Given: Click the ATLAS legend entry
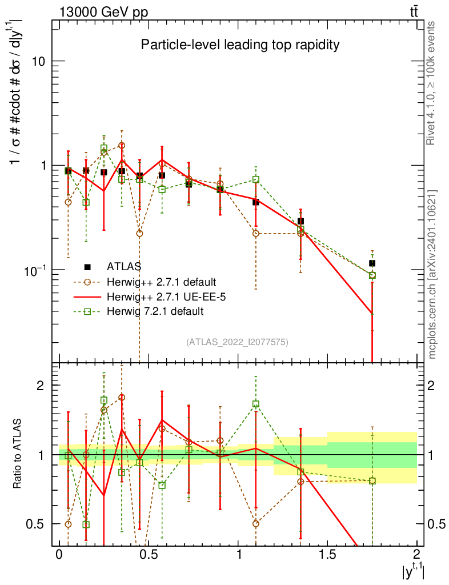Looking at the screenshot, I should click(124, 266).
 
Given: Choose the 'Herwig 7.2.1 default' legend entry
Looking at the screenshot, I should click(155, 311).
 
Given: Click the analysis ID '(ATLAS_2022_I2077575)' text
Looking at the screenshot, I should click(237, 342).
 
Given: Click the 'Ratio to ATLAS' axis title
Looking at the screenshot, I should click(18, 455).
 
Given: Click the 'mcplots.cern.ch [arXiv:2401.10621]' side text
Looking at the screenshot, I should click(432, 274).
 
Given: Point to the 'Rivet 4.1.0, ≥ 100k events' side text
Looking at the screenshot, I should click(432, 83).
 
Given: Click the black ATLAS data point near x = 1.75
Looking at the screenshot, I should click(372, 263).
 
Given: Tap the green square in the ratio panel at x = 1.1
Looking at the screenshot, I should click(256, 404).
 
